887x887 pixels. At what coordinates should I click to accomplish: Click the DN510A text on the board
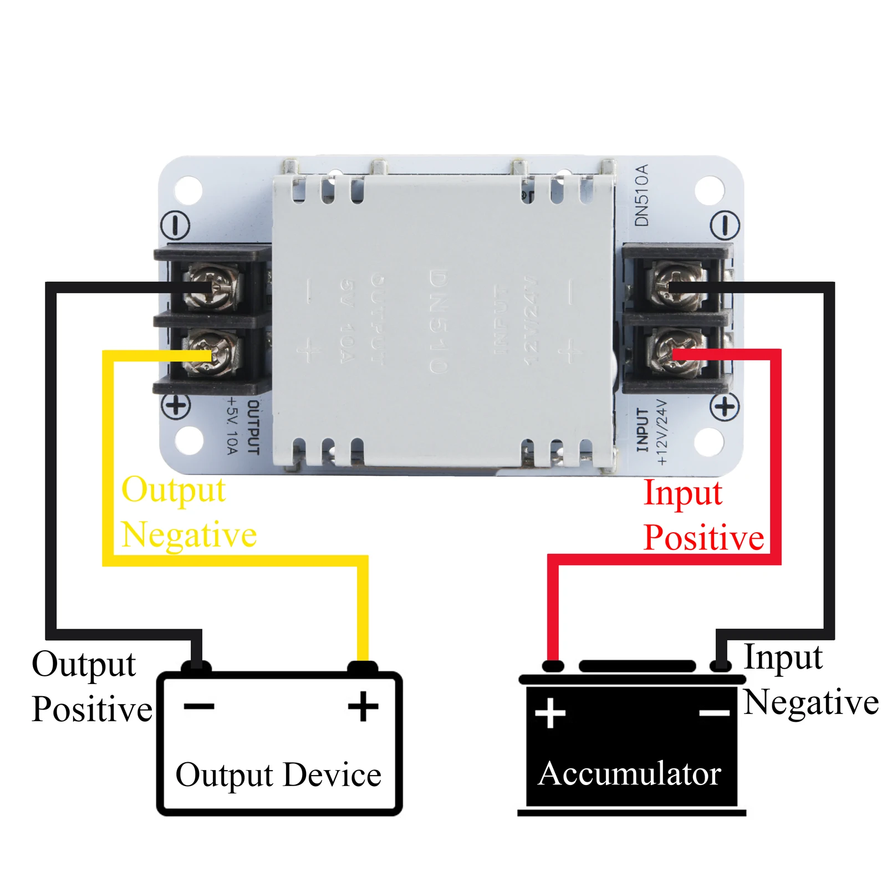[641, 195]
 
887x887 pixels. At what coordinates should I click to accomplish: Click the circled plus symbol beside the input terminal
[725, 408]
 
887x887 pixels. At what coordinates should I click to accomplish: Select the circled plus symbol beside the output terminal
[176, 405]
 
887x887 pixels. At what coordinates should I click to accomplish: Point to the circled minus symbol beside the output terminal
[175, 226]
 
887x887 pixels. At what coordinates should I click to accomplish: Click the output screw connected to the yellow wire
[213, 353]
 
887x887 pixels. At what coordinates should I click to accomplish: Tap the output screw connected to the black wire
[213, 287]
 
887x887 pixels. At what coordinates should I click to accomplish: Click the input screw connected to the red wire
[677, 351]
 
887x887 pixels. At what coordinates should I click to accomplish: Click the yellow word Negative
[189, 535]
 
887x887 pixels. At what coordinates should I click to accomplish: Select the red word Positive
[704, 538]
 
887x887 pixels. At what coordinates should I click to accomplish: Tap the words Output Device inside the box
[278, 775]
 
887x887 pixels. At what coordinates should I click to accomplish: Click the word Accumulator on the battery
[629, 774]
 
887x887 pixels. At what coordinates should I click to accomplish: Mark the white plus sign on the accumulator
[550, 712]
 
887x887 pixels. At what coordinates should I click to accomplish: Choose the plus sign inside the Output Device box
[363, 706]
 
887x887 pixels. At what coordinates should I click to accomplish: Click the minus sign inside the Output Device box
[199, 706]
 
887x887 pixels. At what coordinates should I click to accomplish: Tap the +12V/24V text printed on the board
[662, 431]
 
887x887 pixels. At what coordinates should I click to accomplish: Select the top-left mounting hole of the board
[188, 190]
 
